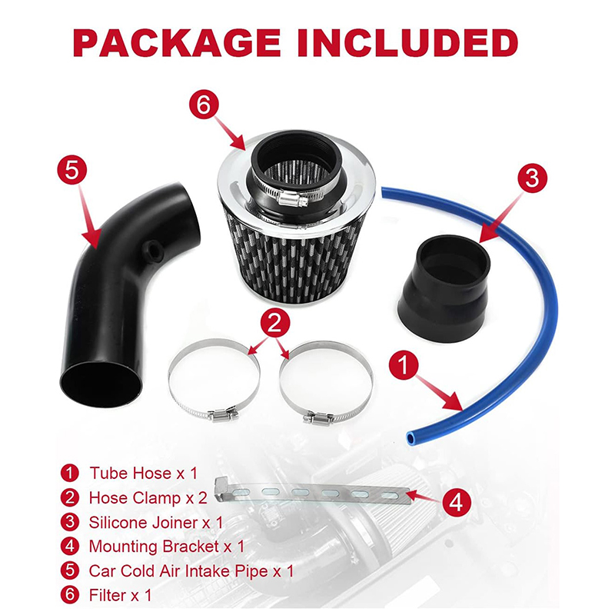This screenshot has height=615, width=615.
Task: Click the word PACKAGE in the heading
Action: (x=177, y=42)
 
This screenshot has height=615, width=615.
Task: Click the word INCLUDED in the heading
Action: (x=408, y=42)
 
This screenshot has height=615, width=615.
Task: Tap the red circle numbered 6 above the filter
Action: (x=204, y=105)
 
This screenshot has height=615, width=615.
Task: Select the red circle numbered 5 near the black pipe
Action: (x=72, y=171)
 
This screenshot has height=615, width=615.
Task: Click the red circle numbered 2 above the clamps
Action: (x=275, y=324)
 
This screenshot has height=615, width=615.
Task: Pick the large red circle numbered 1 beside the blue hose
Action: (x=404, y=365)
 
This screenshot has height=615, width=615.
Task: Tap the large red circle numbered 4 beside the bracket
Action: (x=457, y=502)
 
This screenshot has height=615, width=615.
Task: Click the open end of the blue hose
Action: (x=411, y=437)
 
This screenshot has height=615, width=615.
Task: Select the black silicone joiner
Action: (x=444, y=287)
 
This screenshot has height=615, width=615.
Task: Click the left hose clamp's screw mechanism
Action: (x=222, y=414)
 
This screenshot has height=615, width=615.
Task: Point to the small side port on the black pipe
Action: (x=151, y=249)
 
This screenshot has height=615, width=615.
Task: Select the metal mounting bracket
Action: (x=312, y=492)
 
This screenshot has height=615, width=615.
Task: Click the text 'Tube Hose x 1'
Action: (x=144, y=473)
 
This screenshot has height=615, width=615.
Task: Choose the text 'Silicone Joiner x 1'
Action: (x=156, y=523)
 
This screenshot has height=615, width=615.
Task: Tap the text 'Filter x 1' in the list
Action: (x=120, y=595)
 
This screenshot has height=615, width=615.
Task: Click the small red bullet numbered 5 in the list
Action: (x=70, y=570)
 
